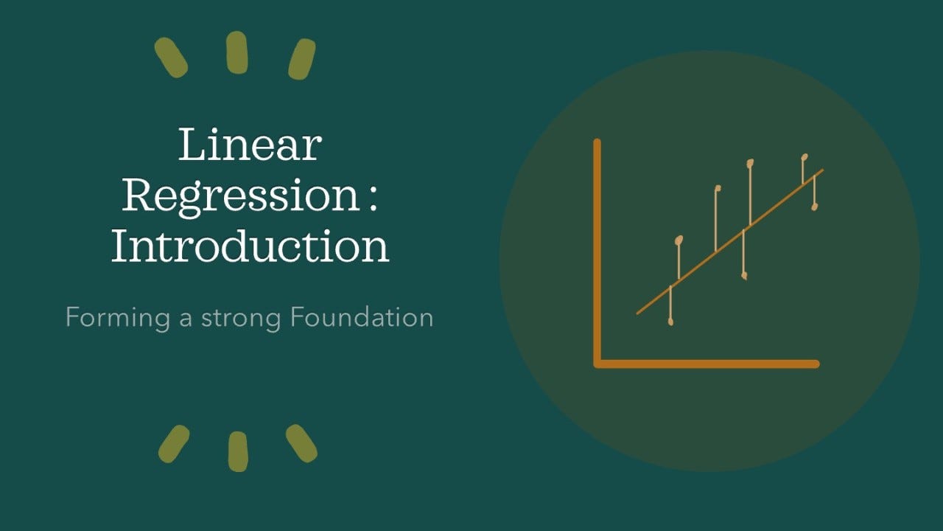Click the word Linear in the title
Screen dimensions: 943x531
point(250,145)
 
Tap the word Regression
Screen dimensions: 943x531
point(240,197)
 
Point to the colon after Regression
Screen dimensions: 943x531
point(372,198)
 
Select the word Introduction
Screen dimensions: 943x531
point(250,246)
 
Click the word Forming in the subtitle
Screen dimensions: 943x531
point(118,318)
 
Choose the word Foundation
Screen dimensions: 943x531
point(362,317)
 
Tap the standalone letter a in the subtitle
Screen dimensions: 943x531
point(186,320)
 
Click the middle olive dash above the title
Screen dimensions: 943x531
point(237,52)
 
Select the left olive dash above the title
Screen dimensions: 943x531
point(171,58)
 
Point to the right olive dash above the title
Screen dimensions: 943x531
point(302,60)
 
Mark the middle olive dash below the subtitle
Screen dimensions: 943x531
point(238,451)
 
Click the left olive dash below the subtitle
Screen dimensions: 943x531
point(174,444)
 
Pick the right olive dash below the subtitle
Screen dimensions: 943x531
point(301,443)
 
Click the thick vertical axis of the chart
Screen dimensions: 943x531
point(597,253)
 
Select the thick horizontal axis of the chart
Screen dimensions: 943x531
point(707,364)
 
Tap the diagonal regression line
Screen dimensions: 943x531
point(730,242)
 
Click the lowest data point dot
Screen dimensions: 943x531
point(670,322)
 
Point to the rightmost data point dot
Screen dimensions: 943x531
point(815,206)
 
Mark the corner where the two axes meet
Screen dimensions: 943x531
point(597,364)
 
